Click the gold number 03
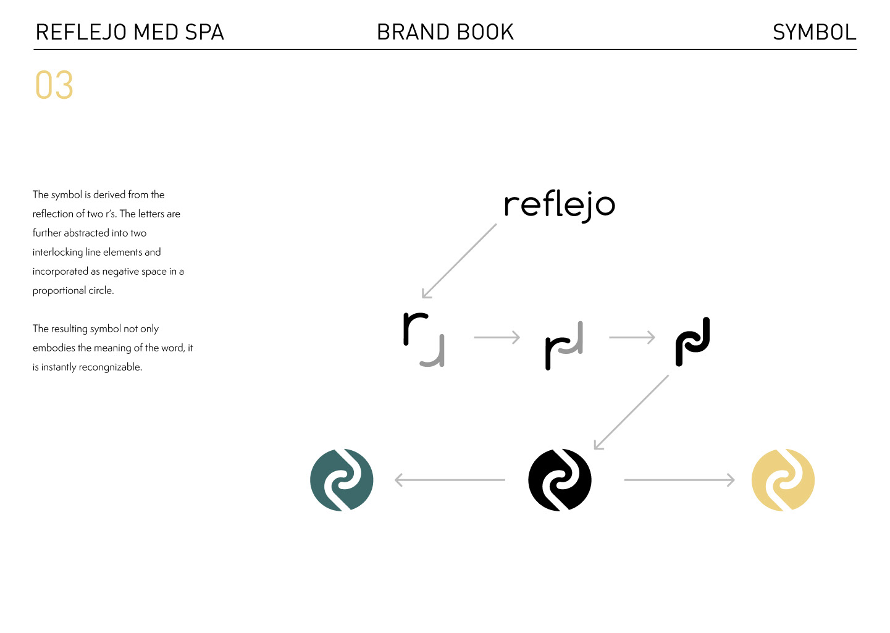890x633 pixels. pyautogui.click(x=54, y=85)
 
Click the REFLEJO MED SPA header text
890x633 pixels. pyautogui.click(x=130, y=32)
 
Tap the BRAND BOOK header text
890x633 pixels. pyautogui.click(x=445, y=32)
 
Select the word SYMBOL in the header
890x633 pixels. pyautogui.click(x=814, y=32)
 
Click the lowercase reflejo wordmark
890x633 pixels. pyautogui.click(x=560, y=206)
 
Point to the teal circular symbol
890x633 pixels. pyautogui.click(x=342, y=480)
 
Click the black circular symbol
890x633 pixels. pyautogui.click(x=560, y=480)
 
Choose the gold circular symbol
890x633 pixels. pyautogui.click(x=783, y=480)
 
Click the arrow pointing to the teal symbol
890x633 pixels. pyautogui.click(x=450, y=480)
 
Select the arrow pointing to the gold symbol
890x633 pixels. pyautogui.click(x=679, y=480)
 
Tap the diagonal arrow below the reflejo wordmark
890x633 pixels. pyautogui.click(x=460, y=261)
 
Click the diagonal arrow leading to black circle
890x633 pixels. pyautogui.click(x=631, y=412)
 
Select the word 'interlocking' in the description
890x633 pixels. pyautogui.click(x=57, y=253)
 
